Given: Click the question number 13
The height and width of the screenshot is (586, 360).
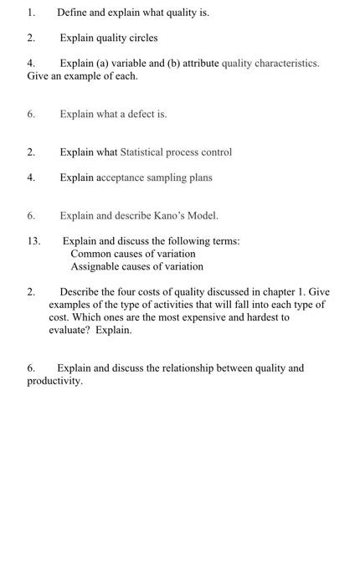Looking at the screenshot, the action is pyautogui.click(x=33, y=241).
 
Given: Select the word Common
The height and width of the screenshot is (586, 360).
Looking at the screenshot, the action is pyautogui.click(x=90, y=254).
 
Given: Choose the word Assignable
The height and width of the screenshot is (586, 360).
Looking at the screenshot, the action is pyautogui.click(x=95, y=266).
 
